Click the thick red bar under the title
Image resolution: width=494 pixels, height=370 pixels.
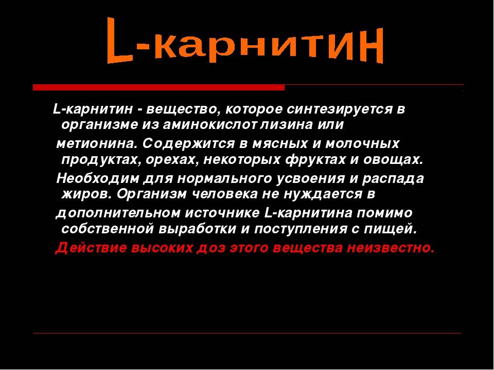159,87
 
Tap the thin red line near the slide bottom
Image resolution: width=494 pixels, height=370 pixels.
248,333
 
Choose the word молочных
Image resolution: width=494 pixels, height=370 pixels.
362,144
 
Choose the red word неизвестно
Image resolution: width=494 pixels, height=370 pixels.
391,248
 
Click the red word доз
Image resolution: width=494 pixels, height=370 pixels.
211,248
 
